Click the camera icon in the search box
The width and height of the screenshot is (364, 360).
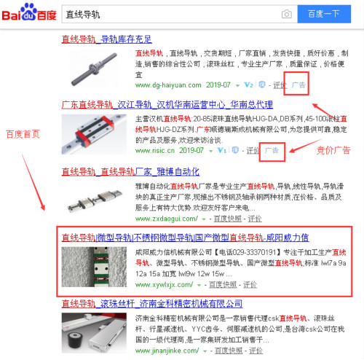tap(286, 14)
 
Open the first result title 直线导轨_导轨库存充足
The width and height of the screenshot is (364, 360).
tap(107, 39)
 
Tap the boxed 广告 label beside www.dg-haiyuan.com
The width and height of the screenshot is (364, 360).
tap(298, 85)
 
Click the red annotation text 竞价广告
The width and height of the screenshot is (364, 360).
tap(333, 149)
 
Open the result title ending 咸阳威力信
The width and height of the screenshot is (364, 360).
tap(185, 238)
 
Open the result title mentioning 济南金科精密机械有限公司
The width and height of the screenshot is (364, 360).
tap(152, 303)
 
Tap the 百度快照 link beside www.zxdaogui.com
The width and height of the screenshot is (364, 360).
tap(229, 218)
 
